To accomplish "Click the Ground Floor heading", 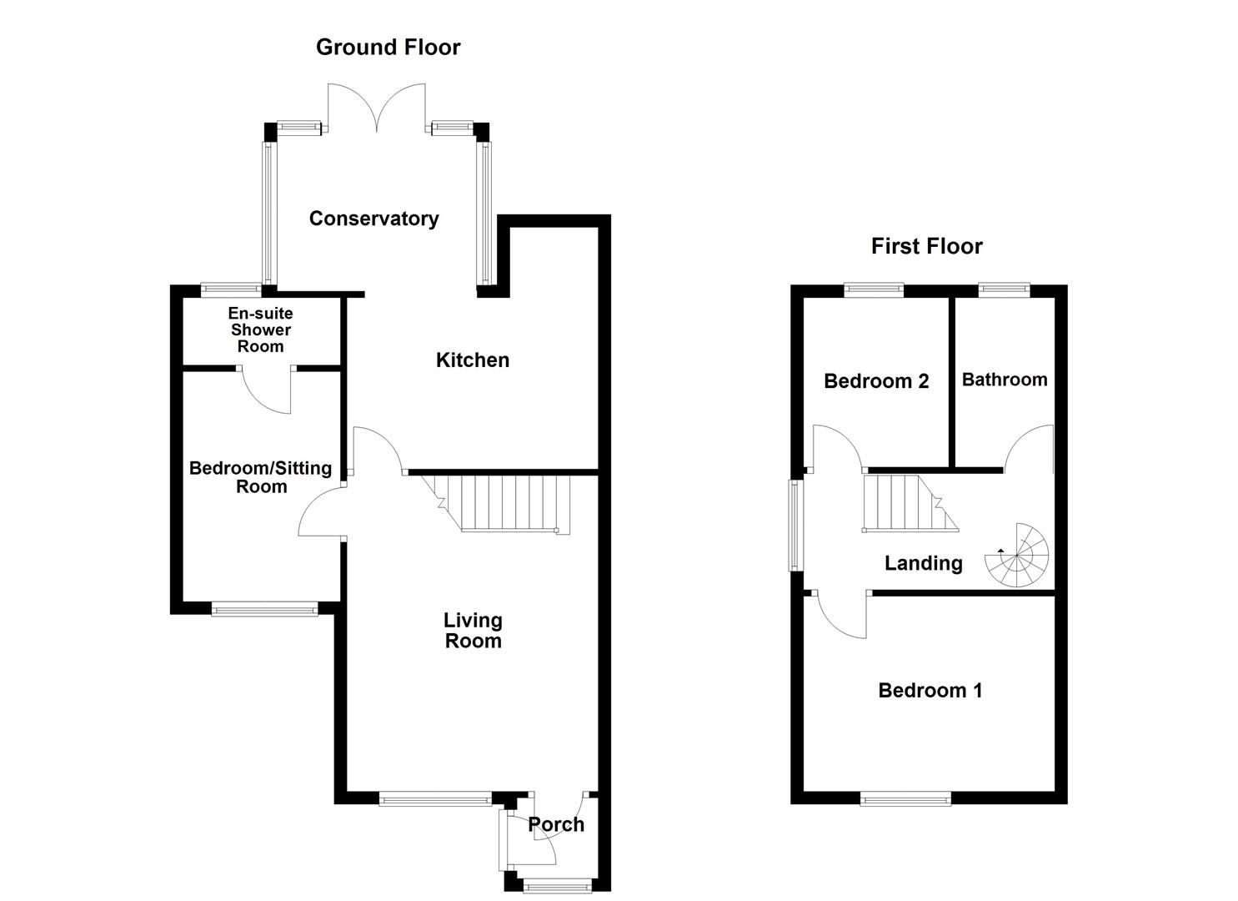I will [x=388, y=48].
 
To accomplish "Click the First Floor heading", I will [x=926, y=246].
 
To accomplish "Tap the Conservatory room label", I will [x=373, y=219].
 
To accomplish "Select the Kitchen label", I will [x=472, y=360].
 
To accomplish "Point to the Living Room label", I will [x=473, y=631].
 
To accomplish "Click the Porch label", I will [x=556, y=824].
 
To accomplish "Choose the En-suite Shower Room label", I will [x=261, y=330].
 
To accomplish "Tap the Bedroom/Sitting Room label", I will [x=260, y=477].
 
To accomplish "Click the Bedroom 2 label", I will [x=875, y=381].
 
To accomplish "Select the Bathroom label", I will [x=1004, y=380].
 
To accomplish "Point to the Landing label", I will [x=923, y=563].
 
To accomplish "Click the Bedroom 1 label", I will [x=930, y=691].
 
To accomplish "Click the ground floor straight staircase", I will [x=500, y=502].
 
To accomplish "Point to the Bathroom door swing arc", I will [x=1030, y=447].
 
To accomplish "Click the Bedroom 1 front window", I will [x=905, y=799].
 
